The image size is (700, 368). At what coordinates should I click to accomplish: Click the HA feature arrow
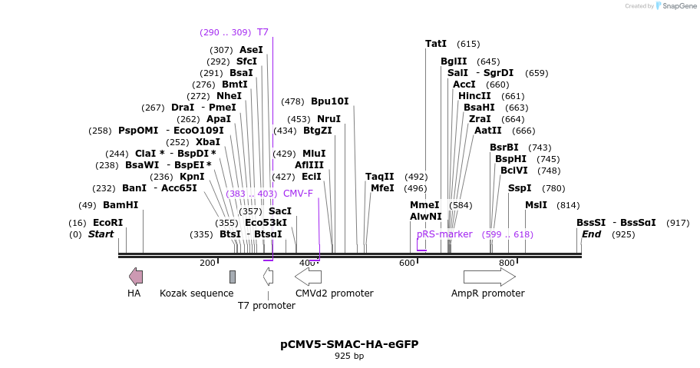136,277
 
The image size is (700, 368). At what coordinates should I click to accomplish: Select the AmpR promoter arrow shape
489,277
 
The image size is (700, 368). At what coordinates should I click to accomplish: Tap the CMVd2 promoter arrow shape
309,277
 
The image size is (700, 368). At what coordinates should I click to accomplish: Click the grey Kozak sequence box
233,277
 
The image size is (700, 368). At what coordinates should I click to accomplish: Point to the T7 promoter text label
266,306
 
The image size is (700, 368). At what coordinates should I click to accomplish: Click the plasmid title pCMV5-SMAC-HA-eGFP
349,344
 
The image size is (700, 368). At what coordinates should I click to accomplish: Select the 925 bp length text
349,356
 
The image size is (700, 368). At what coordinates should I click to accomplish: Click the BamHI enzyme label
121,205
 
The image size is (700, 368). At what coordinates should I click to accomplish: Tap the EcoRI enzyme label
107,223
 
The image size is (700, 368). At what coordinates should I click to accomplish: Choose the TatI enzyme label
436,44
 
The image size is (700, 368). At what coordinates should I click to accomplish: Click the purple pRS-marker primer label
444,234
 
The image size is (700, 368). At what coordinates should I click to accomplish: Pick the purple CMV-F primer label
298,194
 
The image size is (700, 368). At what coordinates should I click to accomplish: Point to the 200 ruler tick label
207,264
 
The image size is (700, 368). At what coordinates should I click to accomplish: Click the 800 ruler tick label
507,264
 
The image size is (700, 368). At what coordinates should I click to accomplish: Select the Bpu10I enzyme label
329,101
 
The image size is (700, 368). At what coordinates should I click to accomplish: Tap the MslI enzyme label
536,205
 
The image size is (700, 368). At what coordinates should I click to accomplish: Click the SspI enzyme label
520,188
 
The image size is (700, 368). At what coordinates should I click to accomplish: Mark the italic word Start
101,234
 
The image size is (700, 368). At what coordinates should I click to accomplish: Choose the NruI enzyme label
329,119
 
